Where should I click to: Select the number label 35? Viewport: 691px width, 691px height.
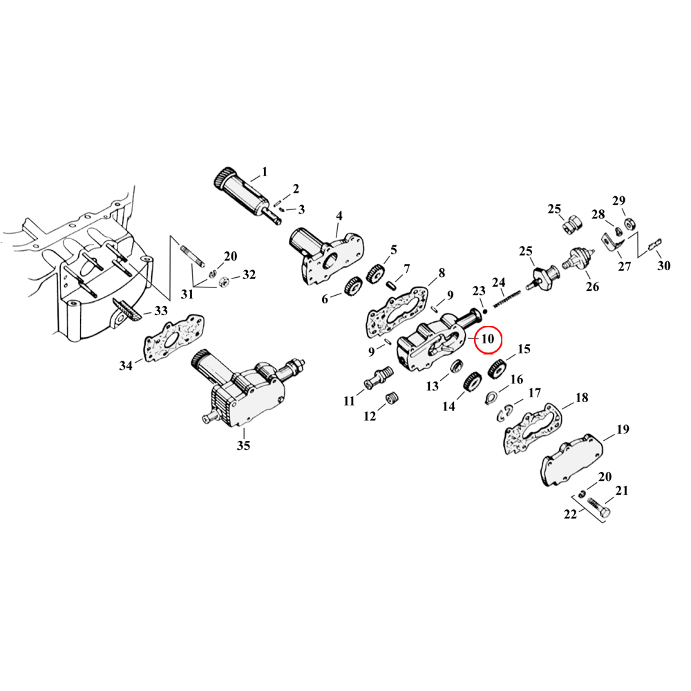[243, 446]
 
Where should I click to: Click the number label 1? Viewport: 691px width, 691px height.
[263, 171]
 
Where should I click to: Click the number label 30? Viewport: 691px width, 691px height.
[664, 266]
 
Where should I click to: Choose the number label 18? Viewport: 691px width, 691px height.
[582, 397]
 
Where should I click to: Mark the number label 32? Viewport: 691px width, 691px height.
[249, 274]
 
